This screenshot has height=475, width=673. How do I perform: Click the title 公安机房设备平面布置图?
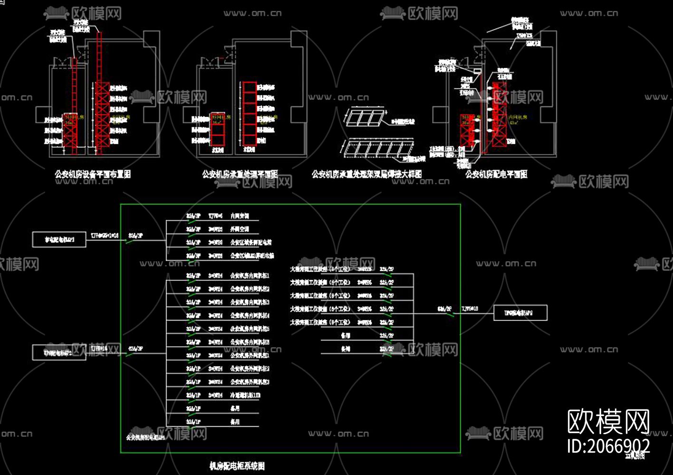click(93, 174)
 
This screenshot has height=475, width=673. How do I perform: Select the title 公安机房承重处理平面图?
click(240, 174)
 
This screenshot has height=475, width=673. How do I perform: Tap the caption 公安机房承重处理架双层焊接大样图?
click(366, 174)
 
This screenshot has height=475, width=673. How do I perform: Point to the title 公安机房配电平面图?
click(496, 174)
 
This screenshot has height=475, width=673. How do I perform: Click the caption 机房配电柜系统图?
click(237, 466)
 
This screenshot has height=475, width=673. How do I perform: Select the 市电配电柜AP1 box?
click(59, 240)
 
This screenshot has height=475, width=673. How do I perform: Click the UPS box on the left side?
click(59, 353)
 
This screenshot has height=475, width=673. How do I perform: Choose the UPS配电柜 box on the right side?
click(520, 313)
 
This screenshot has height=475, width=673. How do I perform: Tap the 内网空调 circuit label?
click(240, 216)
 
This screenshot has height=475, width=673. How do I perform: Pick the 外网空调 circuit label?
click(240, 229)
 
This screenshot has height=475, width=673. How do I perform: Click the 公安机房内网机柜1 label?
click(250, 275)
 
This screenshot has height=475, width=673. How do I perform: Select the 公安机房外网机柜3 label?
click(250, 382)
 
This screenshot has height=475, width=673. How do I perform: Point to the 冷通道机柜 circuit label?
click(245, 395)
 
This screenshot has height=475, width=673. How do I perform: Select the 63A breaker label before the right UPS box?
click(444, 309)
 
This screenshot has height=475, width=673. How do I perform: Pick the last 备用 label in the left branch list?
click(235, 422)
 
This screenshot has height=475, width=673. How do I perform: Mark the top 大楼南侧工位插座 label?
click(320, 269)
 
